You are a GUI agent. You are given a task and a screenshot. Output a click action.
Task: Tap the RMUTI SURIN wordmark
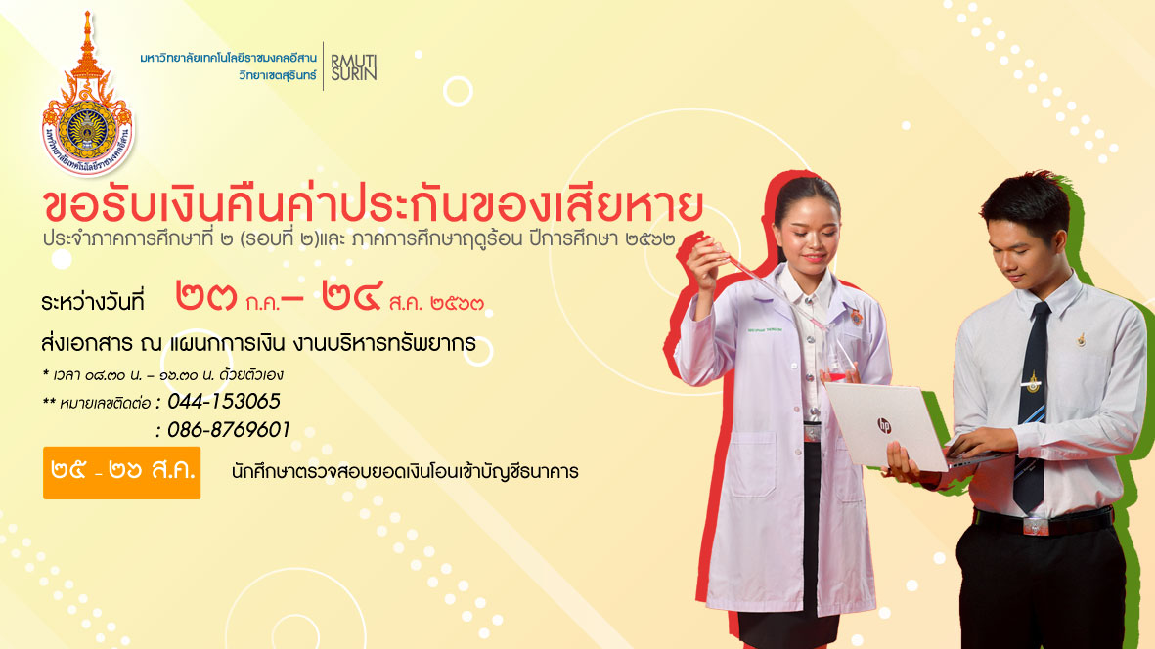click(x=354, y=67)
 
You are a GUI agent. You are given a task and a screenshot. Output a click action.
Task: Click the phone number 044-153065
click(x=224, y=401)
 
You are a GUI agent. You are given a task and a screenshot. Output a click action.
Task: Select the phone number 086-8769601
click(x=228, y=430)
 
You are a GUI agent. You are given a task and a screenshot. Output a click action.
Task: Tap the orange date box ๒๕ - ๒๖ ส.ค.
click(x=121, y=472)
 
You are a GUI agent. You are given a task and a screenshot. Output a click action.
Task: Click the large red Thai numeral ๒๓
click(x=206, y=296)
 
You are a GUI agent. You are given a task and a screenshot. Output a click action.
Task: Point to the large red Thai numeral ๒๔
click(x=351, y=296)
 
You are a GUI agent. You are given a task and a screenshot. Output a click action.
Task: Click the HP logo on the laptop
click(x=883, y=424)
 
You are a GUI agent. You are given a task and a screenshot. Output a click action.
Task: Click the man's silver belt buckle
click(x=1035, y=526)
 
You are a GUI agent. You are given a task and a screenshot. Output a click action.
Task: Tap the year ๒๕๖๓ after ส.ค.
click(x=457, y=302)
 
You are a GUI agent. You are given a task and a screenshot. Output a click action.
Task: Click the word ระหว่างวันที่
click(x=93, y=302)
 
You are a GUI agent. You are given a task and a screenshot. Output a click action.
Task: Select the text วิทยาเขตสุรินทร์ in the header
click(x=278, y=75)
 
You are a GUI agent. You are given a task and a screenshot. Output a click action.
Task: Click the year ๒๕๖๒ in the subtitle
click(x=650, y=239)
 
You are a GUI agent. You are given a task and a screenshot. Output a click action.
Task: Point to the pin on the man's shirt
click(x=1082, y=339)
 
